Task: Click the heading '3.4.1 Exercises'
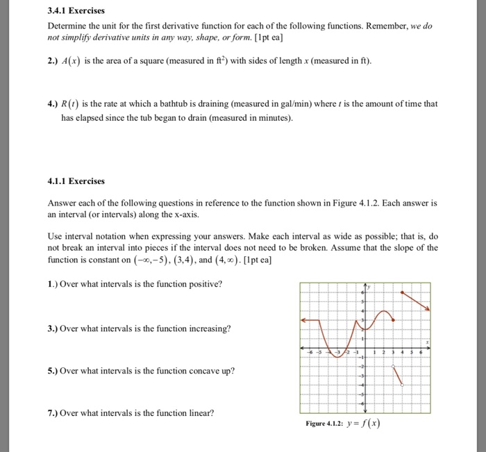tap(76, 11)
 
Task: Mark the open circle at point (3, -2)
tap(392, 364)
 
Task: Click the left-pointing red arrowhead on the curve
tap(303, 320)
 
